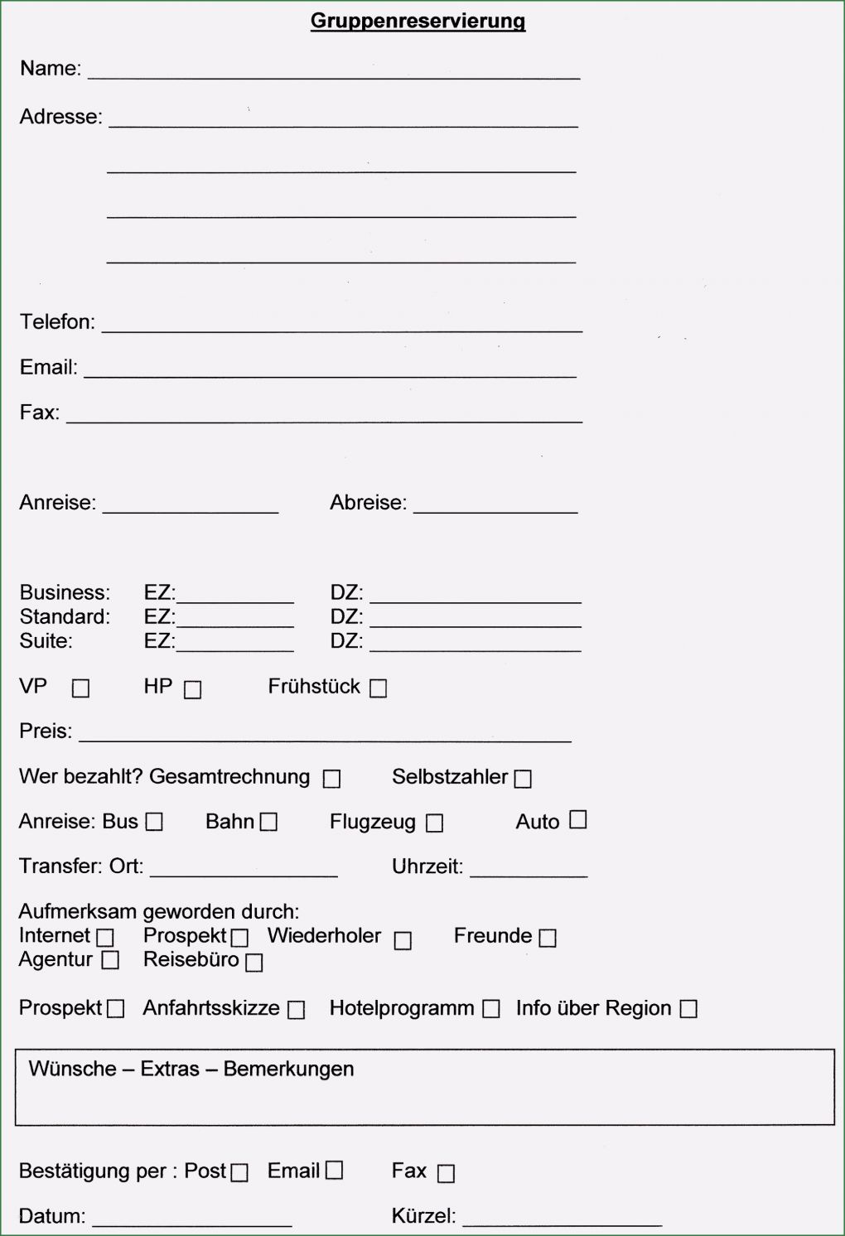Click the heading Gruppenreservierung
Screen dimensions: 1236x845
click(418, 21)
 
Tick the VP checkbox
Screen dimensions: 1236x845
click(80, 688)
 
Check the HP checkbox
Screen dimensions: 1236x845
click(192, 689)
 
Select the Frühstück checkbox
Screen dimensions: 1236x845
click(378, 688)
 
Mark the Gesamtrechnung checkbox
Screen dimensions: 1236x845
click(331, 779)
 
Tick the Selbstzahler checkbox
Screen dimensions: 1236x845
click(523, 779)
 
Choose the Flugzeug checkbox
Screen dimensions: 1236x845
click(434, 823)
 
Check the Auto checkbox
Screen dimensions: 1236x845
click(578, 819)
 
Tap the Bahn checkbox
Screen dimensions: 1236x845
click(268, 822)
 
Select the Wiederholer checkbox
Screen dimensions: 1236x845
click(403, 941)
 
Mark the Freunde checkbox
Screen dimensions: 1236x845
click(548, 938)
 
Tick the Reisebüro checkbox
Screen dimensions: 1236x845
click(254, 962)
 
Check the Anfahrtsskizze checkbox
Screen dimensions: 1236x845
click(296, 1010)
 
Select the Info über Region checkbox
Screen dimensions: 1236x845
click(688, 1009)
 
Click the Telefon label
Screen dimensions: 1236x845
click(57, 321)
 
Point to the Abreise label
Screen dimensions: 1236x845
click(368, 502)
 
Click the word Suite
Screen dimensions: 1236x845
click(46, 640)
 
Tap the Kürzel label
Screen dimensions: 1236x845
click(423, 1215)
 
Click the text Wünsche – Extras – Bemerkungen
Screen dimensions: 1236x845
click(191, 1069)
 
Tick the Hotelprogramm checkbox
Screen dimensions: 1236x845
click(491, 1009)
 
